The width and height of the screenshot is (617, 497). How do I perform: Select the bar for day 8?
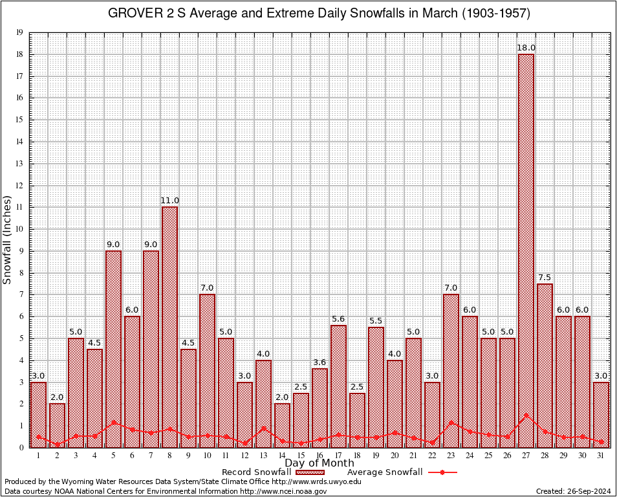(x=169, y=327)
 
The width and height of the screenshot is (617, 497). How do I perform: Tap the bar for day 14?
(x=282, y=425)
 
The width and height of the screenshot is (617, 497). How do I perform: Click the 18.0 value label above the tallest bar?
(x=526, y=48)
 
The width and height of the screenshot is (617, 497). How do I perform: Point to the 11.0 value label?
(x=169, y=201)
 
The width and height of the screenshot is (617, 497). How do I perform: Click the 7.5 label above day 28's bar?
(x=545, y=278)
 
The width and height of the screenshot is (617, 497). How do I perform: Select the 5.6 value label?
(x=338, y=319)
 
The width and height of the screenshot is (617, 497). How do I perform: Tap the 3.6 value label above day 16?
(x=319, y=362)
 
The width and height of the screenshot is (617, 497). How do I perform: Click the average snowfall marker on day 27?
(x=526, y=415)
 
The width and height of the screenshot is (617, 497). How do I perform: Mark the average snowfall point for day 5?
(x=113, y=422)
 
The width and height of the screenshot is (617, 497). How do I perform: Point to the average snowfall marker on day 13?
(x=263, y=428)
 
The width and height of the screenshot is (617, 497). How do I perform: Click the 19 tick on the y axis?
(x=19, y=32)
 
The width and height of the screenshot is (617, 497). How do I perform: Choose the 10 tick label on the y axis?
(x=19, y=229)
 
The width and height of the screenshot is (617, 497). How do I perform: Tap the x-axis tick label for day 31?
(x=601, y=456)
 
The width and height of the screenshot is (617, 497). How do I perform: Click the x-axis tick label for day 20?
(x=395, y=456)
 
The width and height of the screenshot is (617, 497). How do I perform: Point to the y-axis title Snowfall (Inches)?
(x=8, y=239)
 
